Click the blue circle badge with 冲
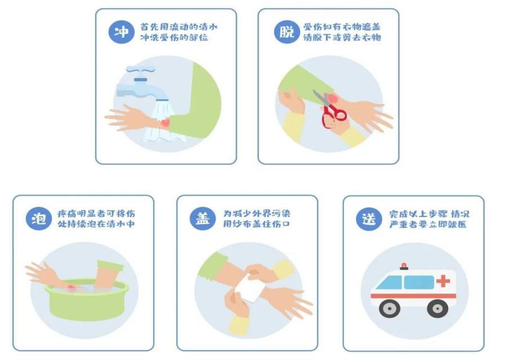coord(122,32)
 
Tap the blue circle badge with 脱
coord(287,32)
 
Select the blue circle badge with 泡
coord(39,219)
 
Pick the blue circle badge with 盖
coord(203,219)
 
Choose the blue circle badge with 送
coord(369,219)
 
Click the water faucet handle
coord(141,69)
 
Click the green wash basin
coord(87,300)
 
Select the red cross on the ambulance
coord(443,281)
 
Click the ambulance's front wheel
coord(389,308)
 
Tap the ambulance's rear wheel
coord(437,308)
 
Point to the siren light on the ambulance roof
coord(404,266)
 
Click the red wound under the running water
coord(166,123)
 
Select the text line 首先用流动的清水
coord(179,26)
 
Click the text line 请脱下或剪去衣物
coord(342,37)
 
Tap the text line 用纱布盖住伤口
coord(256,224)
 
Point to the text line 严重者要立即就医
coord(428,224)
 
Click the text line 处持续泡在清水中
coord(96,224)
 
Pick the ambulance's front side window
coord(389,283)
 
